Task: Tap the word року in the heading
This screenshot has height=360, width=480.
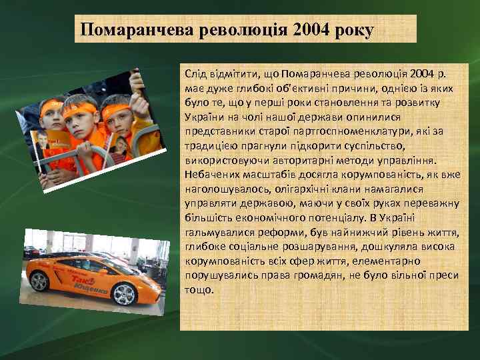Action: point(353,30)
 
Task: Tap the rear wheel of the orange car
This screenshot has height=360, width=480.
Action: point(39,281)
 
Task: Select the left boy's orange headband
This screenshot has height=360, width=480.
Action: point(51,106)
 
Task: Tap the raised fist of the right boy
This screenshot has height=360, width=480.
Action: point(137,80)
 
